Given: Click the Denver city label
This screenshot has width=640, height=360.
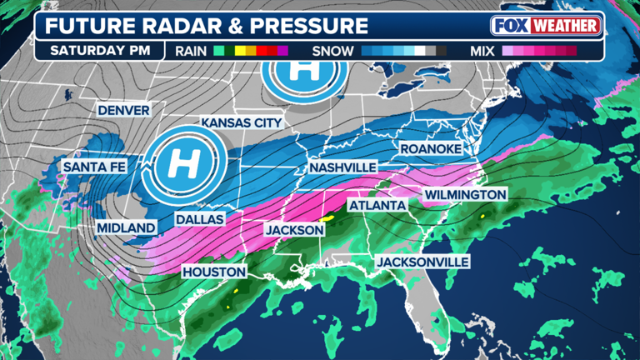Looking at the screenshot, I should [x=123, y=110].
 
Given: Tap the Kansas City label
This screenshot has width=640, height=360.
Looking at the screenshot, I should [x=237, y=123].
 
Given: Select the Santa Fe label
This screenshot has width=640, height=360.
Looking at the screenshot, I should [x=93, y=167].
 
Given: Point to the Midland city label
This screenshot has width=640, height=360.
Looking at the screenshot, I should [x=126, y=227].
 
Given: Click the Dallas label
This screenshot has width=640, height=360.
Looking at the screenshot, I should [x=200, y=219].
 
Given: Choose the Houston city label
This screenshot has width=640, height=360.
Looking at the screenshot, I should [x=214, y=272].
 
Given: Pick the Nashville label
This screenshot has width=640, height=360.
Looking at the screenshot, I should [x=342, y=167].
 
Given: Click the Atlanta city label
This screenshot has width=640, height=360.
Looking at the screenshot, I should [x=376, y=205].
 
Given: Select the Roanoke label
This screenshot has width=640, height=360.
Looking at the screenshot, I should [x=431, y=148].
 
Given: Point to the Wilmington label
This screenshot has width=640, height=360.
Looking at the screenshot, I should [x=465, y=194].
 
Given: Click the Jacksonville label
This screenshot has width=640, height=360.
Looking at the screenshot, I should [x=422, y=262].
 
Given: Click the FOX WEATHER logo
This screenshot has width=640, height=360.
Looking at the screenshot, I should [x=547, y=25].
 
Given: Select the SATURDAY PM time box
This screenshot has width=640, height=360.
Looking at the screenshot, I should [x=100, y=50].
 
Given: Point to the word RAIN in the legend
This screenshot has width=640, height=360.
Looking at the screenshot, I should [x=191, y=51].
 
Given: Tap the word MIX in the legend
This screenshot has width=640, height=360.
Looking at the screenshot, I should [x=482, y=51].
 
